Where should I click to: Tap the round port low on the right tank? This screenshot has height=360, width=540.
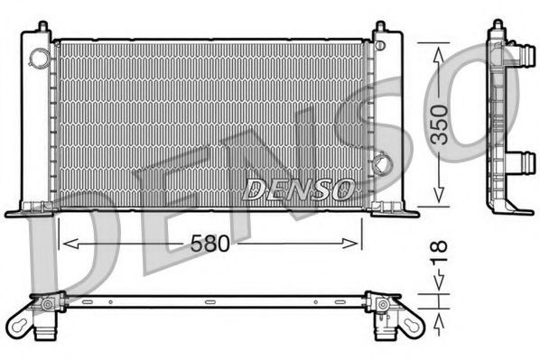(x=384, y=165)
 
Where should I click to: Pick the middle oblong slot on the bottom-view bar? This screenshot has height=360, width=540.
(x=210, y=301)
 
